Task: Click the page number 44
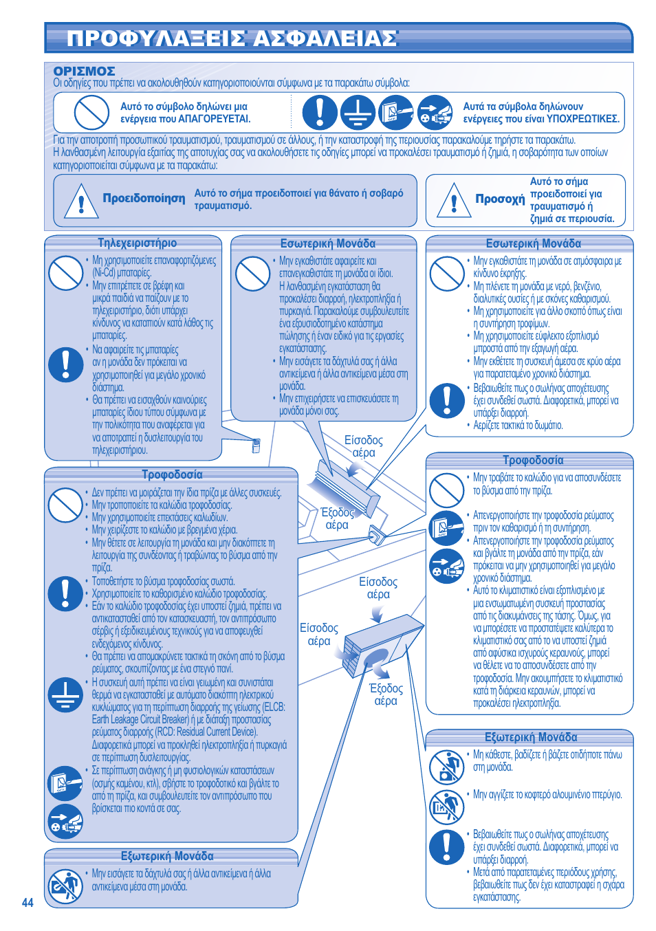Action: (28, 903)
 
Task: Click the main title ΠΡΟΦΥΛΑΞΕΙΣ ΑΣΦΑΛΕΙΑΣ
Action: (232, 39)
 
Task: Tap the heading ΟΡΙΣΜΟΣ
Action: (84, 71)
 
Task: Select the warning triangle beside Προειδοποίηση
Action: (81, 201)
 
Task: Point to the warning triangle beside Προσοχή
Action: (453, 200)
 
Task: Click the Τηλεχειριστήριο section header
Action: (137, 243)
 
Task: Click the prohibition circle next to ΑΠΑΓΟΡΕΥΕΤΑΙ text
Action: (91, 112)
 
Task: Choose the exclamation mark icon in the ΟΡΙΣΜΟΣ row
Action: (320, 112)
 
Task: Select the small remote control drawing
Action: (256, 446)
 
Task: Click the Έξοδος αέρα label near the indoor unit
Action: (337, 518)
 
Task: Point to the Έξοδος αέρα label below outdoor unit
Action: (386, 694)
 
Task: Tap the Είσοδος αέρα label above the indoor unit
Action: (363, 446)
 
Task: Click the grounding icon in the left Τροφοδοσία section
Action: (66, 694)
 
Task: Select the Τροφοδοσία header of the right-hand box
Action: (533, 460)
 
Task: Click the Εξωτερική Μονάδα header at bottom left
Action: (167, 856)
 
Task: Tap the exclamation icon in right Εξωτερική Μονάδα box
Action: (447, 847)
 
